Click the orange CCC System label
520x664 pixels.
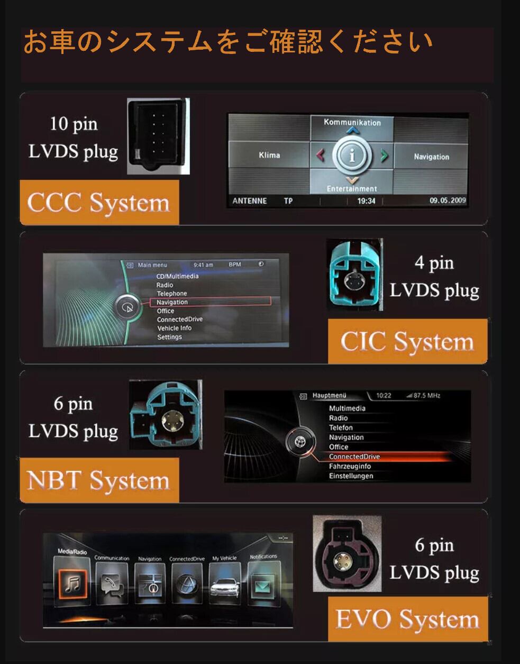click(x=99, y=203)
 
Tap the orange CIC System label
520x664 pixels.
click(x=407, y=341)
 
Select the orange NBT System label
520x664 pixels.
click(x=99, y=480)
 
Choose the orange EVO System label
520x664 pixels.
click(x=407, y=619)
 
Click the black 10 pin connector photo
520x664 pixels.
click(x=158, y=136)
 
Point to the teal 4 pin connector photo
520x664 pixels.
click(x=354, y=274)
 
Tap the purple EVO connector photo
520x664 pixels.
click(x=346, y=554)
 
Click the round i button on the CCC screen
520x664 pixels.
click(x=352, y=156)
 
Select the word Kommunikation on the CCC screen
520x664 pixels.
click(x=352, y=122)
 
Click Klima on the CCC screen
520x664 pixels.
click(x=269, y=155)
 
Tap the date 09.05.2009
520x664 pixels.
click(x=448, y=201)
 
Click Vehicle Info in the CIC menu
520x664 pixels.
click(x=174, y=328)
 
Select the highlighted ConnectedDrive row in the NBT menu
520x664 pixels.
click(x=354, y=457)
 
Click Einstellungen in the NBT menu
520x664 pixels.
click(x=351, y=476)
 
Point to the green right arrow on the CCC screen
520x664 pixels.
click(x=385, y=156)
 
